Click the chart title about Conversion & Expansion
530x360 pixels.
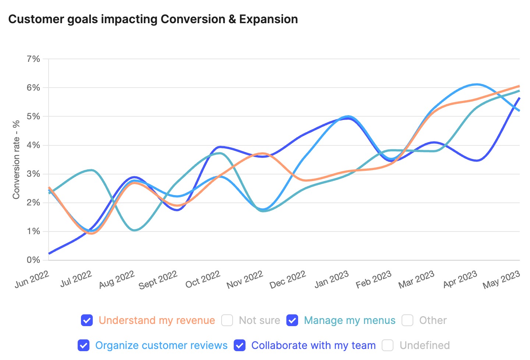153,19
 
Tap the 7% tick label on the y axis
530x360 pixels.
33,59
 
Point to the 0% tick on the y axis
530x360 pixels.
33,260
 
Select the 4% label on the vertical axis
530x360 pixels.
33,145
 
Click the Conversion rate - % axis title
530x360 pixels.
16,160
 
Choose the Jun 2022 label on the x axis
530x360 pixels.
32,279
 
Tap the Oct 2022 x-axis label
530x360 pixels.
203,279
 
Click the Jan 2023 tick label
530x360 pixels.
331,279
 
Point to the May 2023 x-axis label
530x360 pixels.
501,279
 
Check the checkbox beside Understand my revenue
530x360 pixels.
87,320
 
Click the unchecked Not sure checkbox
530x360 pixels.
227,320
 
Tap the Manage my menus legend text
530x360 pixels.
350,320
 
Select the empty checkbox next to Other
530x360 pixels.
407,320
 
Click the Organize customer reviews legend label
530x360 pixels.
161,345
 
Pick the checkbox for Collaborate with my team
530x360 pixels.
240,345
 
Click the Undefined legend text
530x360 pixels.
424,345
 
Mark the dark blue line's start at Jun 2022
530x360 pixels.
49,253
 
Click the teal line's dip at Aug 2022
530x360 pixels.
134,230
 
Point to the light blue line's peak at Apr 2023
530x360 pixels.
477,84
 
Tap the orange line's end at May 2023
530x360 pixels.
519,86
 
